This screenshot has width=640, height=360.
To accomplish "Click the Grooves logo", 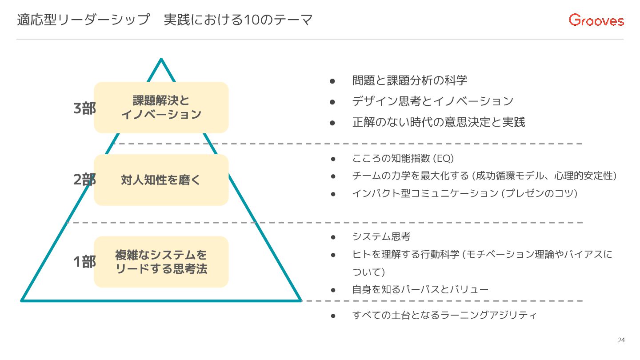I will (596, 20).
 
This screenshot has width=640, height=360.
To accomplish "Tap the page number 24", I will (621, 340).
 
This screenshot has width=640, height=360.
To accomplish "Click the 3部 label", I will (84, 108).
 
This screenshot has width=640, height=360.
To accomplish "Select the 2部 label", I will (84, 180).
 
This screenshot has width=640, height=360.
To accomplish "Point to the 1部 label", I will (84, 262).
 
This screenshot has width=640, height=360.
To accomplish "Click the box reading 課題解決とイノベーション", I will (161, 107).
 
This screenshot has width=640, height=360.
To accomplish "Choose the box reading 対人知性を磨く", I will (161, 180).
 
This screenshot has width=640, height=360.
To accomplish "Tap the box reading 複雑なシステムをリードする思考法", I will (161, 262).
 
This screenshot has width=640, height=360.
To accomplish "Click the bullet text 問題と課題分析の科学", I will (409, 80).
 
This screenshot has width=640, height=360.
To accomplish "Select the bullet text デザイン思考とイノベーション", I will (432, 101).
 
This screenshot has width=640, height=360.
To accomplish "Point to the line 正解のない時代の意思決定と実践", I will (438, 122).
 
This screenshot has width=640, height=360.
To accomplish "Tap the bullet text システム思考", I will (381, 236).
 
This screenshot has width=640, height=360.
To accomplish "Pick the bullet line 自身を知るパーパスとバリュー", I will (420, 290).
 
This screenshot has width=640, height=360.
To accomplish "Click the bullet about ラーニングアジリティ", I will (444, 316).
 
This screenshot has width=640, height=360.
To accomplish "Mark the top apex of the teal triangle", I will (161, 60).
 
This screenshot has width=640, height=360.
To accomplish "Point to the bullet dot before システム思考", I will (332, 237).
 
